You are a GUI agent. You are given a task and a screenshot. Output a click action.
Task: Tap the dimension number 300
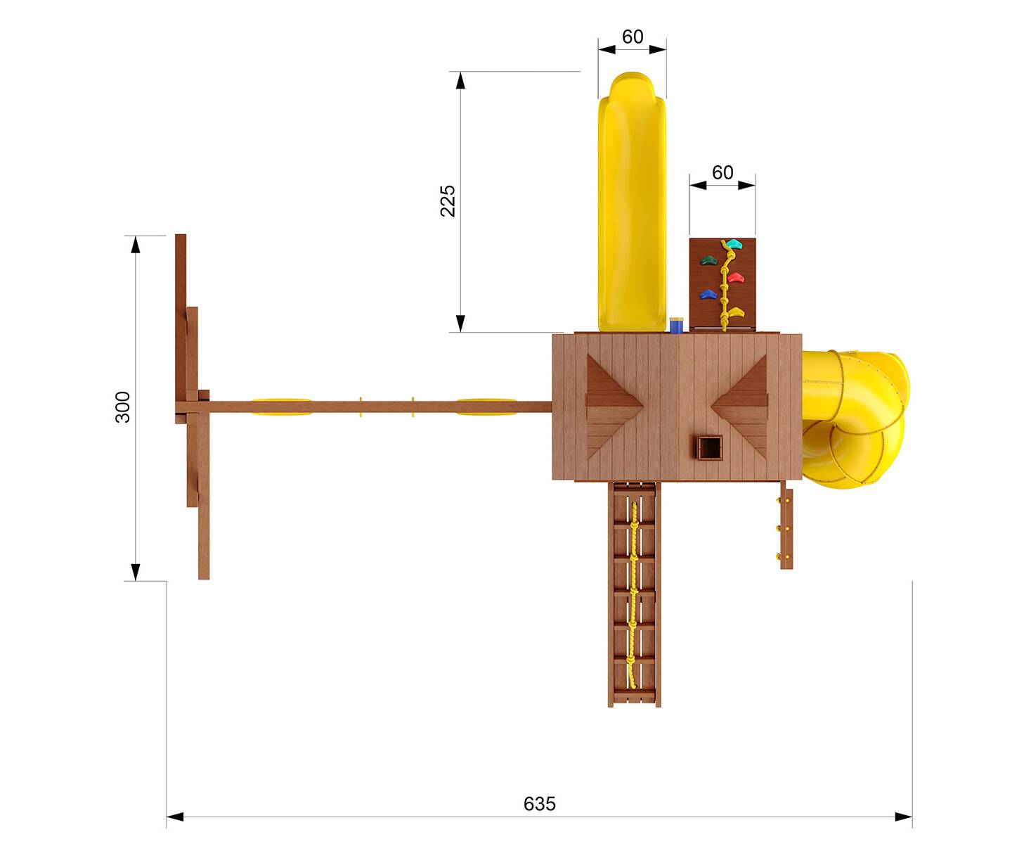coord(122,407)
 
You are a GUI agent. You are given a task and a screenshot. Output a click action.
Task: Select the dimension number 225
coord(447,200)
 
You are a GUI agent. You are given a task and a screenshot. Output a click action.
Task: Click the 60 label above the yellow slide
coord(632,37)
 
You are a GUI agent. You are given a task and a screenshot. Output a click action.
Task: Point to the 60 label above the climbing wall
coord(722,172)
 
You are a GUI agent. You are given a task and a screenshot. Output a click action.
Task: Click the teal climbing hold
coord(733,243)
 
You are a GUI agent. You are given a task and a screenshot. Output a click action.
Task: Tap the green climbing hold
coord(708,260)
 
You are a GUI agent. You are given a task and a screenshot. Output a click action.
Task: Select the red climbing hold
coord(736,278)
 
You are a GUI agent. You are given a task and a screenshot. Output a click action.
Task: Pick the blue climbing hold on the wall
coord(708,294)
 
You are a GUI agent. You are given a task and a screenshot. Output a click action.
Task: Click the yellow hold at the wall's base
coord(736,312)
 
